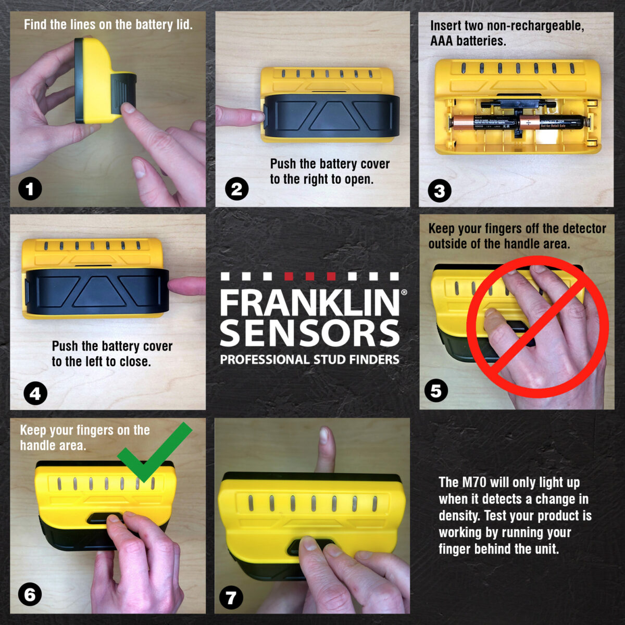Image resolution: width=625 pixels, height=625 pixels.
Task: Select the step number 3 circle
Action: pyautogui.click(x=439, y=191)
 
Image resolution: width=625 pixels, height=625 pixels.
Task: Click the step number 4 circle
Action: pyautogui.click(x=35, y=393)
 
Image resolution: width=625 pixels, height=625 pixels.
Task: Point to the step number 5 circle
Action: pyautogui.click(x=436, y=390)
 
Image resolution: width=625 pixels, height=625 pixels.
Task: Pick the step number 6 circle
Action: pyautogui.click(x=30, y=595)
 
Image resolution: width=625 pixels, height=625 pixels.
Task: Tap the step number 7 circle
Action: pyautogui.click(x=231, y=597)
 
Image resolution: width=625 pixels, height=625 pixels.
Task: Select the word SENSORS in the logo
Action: pyautogui.click(x=310, y=333)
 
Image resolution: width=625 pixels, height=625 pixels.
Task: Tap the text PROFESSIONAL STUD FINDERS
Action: pyautogui.click(x=309, y=360)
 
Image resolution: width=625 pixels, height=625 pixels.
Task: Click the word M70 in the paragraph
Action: pyautogui.click(x=474, y=483)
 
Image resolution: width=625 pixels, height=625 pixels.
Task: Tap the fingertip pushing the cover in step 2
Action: pyautogui.click(x=255, y=116)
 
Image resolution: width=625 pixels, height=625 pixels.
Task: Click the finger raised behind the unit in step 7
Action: pyautogui.click(x=325, y=443)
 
